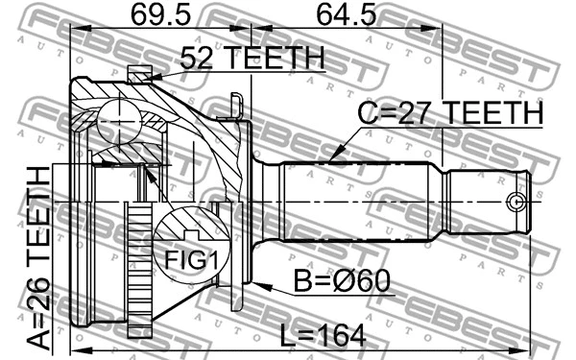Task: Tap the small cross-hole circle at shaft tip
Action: pyautogui.click(x=516, y=203)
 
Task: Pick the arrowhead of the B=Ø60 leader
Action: pyautogui.click(x=257, y=281)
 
